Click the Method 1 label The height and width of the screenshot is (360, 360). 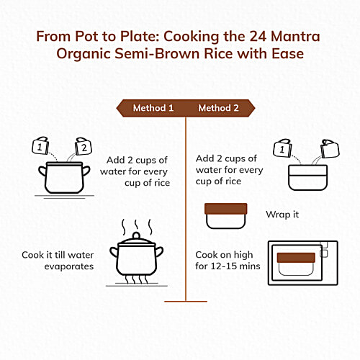tap(153, 108)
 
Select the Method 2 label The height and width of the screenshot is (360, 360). tap(219, 108)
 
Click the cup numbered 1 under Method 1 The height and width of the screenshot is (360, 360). tap(37, 148)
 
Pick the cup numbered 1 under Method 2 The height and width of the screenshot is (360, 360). tap(282, 149)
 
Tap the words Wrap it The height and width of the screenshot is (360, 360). tap(282, 215)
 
